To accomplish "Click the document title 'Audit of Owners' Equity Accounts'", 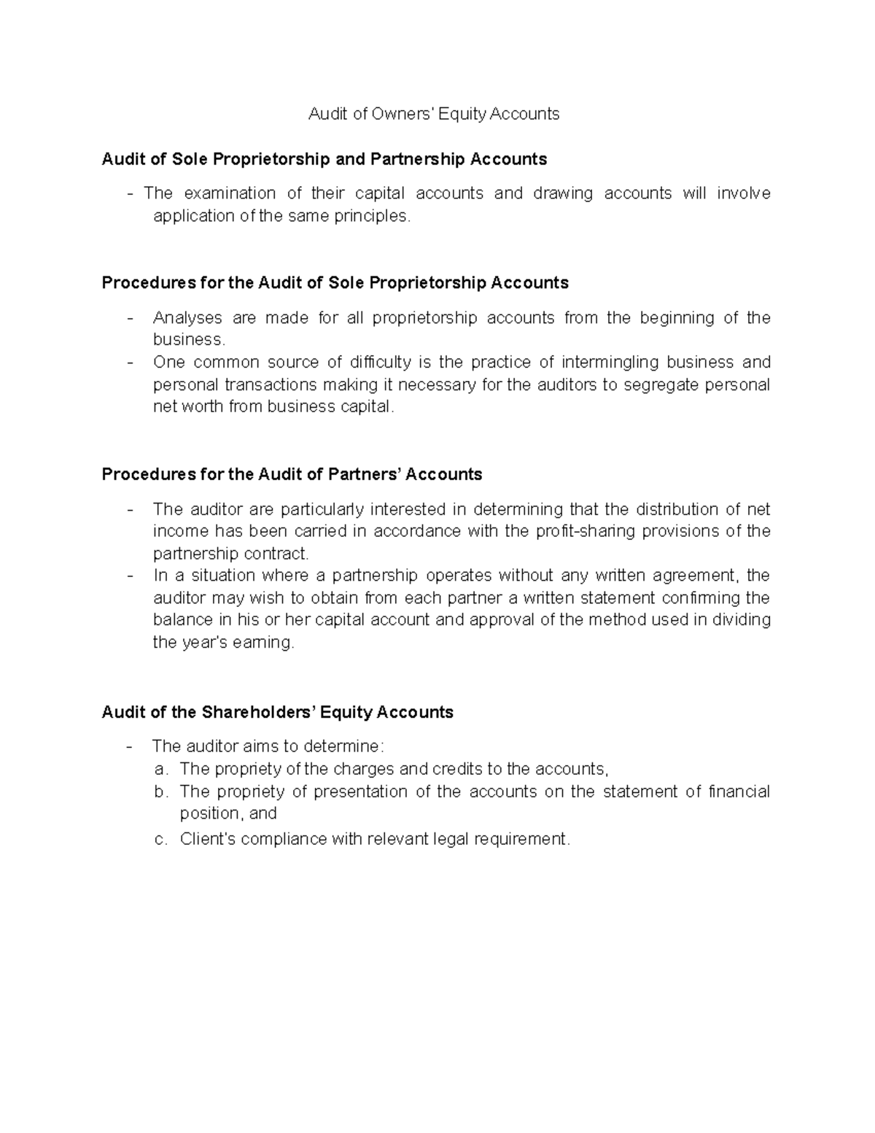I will pyautogui.click(x=434, y=114).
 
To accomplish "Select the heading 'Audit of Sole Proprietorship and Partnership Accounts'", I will pyautogui.click(x=324, y=159).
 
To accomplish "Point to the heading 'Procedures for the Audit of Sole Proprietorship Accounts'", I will pyautogui.click(x=335, y=283).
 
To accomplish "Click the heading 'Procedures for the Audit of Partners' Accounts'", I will pyautogui.click(x=292, y=475).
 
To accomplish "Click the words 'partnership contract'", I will pyautogui.click(x=230, y=554).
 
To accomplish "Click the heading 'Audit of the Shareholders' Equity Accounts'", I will pyautogui.click(x=277, y=712).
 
